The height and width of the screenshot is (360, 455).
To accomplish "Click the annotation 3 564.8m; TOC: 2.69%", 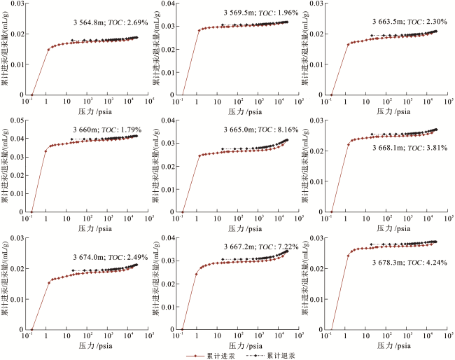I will pos(106,22).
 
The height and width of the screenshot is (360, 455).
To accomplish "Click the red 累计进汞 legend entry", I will pos(209,355).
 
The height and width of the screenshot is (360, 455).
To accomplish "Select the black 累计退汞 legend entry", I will pos(271,355).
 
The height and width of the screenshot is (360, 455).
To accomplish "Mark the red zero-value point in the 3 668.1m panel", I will pos(332,212).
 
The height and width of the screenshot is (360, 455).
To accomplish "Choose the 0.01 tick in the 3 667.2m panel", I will pos(168,299).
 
